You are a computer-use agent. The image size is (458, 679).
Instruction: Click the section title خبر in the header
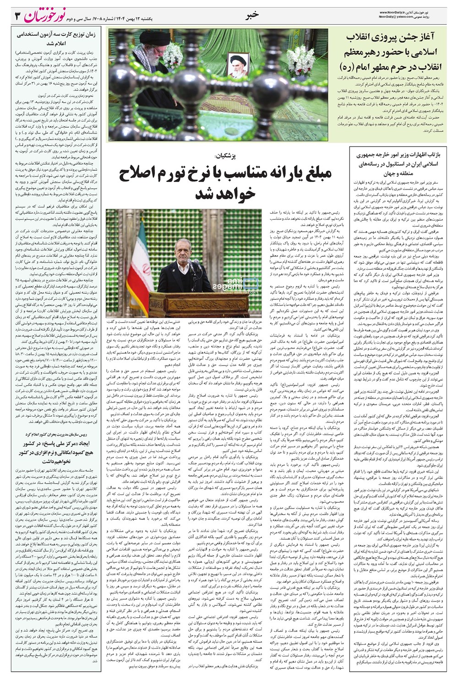[x=251, y=15]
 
